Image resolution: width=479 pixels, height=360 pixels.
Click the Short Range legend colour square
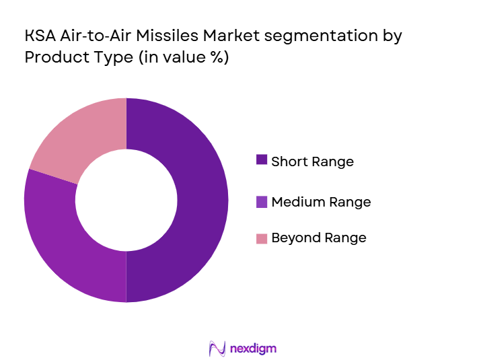(262, 160)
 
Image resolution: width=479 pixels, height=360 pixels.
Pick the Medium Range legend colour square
(262, 201)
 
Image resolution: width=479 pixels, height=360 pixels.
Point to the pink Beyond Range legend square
(262, 238)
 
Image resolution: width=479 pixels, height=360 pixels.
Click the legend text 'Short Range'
(312, 161)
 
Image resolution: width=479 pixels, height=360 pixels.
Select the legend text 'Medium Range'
(321, 202)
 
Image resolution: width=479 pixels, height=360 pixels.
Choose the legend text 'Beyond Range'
(319, 238)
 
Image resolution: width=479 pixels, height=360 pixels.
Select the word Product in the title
(52, 58)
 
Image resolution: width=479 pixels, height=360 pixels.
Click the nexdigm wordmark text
(254, 348)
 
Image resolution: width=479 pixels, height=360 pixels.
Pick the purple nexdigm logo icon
(217, 348)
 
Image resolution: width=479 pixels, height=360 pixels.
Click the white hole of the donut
(126, 200)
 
